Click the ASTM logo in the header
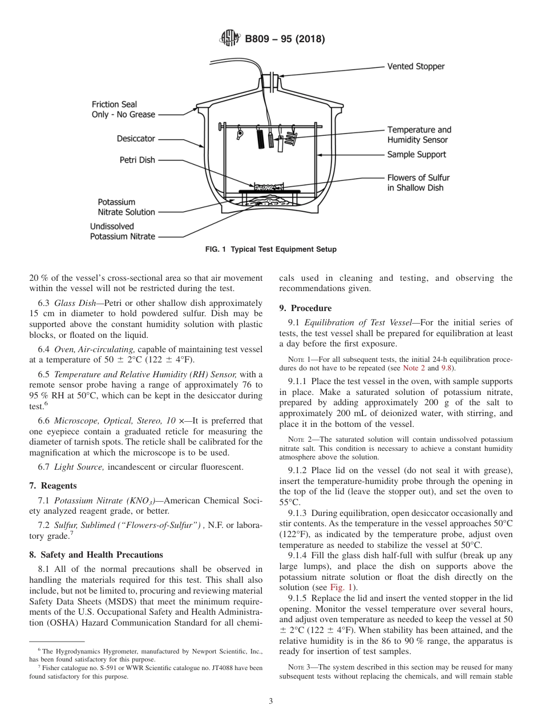231,39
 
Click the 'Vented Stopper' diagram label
415,66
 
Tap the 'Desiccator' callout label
136,138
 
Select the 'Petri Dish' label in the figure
137,160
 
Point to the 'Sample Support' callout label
416,154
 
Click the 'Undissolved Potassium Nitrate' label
122,231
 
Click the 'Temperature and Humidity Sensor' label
419,135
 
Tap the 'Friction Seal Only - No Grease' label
123,110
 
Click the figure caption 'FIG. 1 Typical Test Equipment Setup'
270,249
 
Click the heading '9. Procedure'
305,308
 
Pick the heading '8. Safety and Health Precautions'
96,555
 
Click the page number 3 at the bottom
270,701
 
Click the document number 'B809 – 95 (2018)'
285,39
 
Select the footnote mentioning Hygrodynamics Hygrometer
146,654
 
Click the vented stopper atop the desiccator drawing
272,78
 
